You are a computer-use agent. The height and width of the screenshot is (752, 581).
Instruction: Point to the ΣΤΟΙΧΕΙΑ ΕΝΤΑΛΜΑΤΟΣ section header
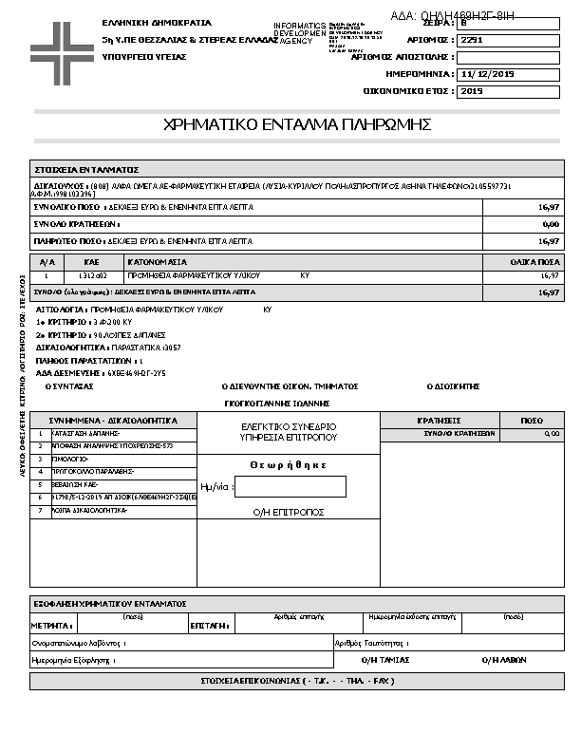click(86, 167)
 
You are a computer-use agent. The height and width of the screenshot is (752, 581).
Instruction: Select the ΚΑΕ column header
click(92, 261)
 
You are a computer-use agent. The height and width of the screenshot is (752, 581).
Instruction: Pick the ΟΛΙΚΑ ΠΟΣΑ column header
click(534, 261)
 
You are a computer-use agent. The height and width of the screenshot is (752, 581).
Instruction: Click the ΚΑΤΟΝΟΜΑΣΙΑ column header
click(158, 261)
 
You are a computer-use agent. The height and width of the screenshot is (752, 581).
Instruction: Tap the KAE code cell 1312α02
click(92, 275)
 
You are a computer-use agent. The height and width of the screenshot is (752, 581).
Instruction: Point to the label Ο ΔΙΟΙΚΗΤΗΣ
click(453, 386)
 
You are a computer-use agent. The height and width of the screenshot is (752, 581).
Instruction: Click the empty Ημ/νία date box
click(290, 487)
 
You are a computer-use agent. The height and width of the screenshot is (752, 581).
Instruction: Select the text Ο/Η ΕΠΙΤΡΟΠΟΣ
click(289, 512)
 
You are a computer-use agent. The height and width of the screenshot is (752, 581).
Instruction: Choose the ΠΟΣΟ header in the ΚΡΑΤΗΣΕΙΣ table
click(532, 420)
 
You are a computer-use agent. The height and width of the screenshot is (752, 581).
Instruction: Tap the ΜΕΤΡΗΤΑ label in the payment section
click(51, 627)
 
